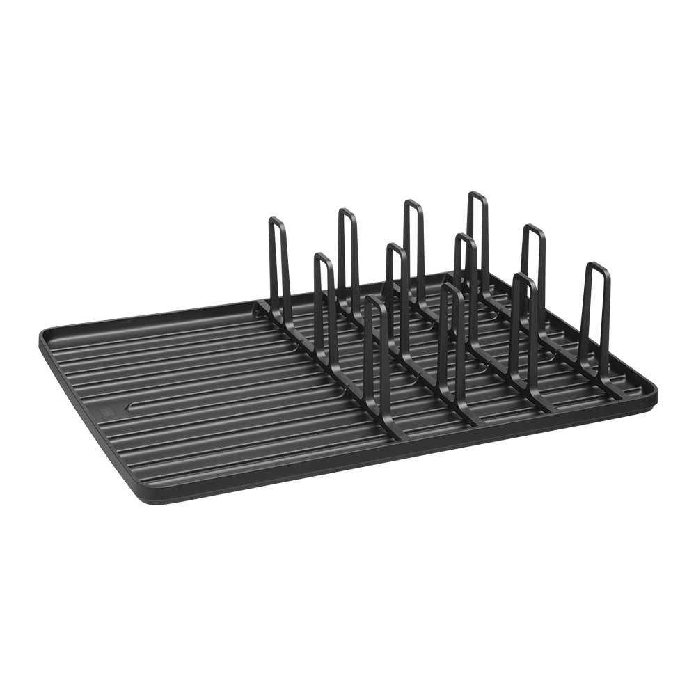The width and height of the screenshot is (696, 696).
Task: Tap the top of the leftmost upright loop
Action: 276,220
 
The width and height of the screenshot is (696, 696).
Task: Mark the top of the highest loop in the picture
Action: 477,194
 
